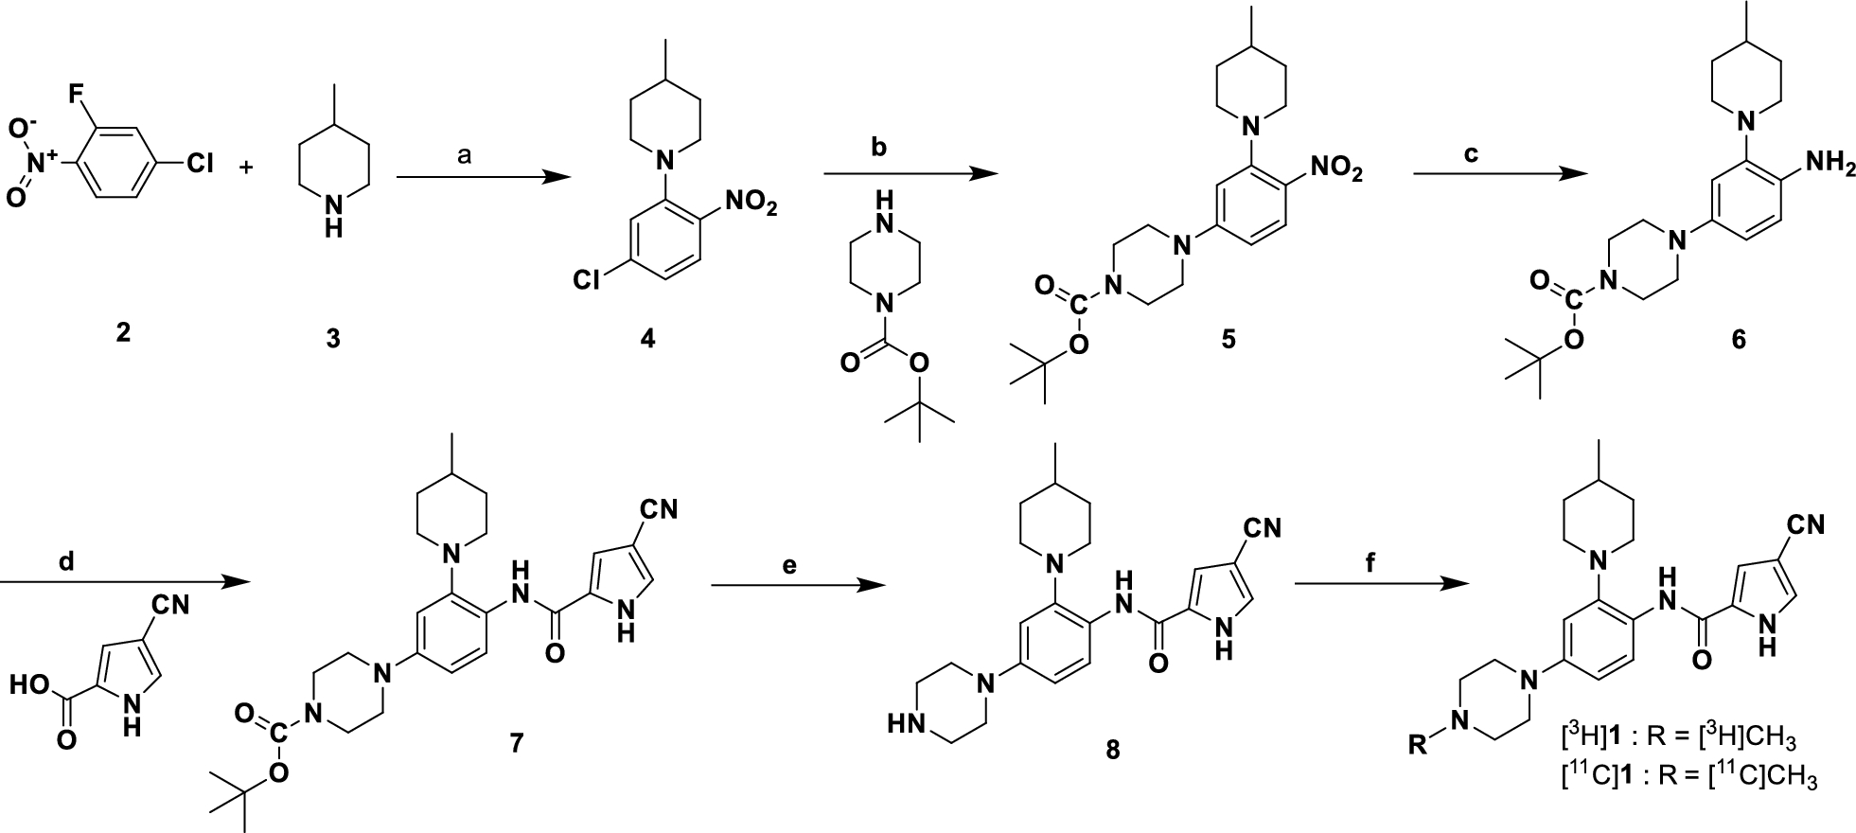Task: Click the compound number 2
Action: tap(123, 332)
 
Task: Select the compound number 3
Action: tap(333, 338)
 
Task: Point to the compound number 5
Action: tap(1228, 338)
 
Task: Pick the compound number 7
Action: tap(516, 744)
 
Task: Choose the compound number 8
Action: tap(1112, 751)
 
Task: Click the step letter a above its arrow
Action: tap(464, 157)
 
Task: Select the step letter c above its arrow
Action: tap(1470, 155)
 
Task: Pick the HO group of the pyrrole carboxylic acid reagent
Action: tap(28, 683)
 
